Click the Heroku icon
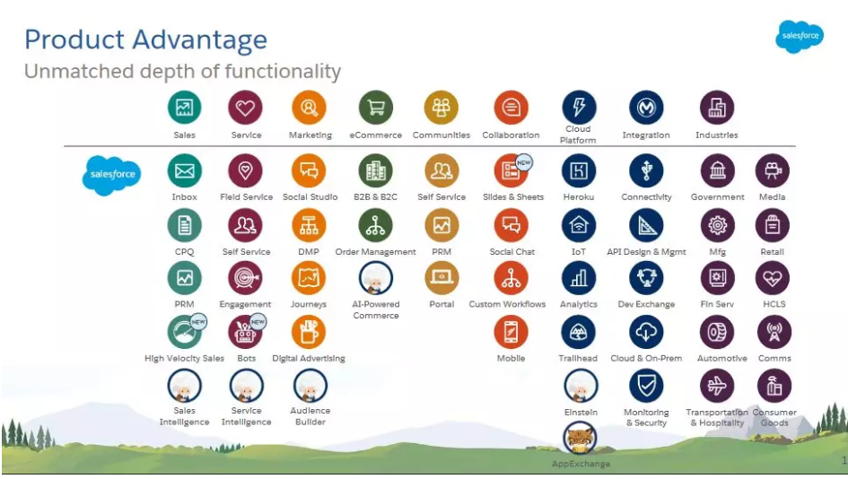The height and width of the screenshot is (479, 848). point(579,170)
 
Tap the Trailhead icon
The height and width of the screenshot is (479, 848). point(579,332)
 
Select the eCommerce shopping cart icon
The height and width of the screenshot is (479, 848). point(376,108)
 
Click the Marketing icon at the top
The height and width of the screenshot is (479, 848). point(310,108)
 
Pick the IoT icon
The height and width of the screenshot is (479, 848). point(579,225)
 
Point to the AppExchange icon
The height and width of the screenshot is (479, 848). point(581,439)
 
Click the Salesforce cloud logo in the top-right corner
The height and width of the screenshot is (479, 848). point(799,37)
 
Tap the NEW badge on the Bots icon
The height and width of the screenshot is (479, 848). point(258,320)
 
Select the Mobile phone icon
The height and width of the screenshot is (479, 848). point(511,332)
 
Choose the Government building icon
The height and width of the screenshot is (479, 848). point(717,170)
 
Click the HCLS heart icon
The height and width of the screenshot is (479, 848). point(774,278)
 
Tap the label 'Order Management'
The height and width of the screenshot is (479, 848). point(376,252)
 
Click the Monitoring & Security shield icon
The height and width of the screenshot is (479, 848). point(646,386)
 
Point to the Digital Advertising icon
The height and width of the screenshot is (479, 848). point(309,332)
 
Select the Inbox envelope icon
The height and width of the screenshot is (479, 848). point(185,170)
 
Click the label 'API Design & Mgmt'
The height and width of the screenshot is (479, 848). point(646,252)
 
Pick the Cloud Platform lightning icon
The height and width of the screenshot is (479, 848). point(579,108)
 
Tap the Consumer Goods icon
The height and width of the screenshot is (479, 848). point(774,386)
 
